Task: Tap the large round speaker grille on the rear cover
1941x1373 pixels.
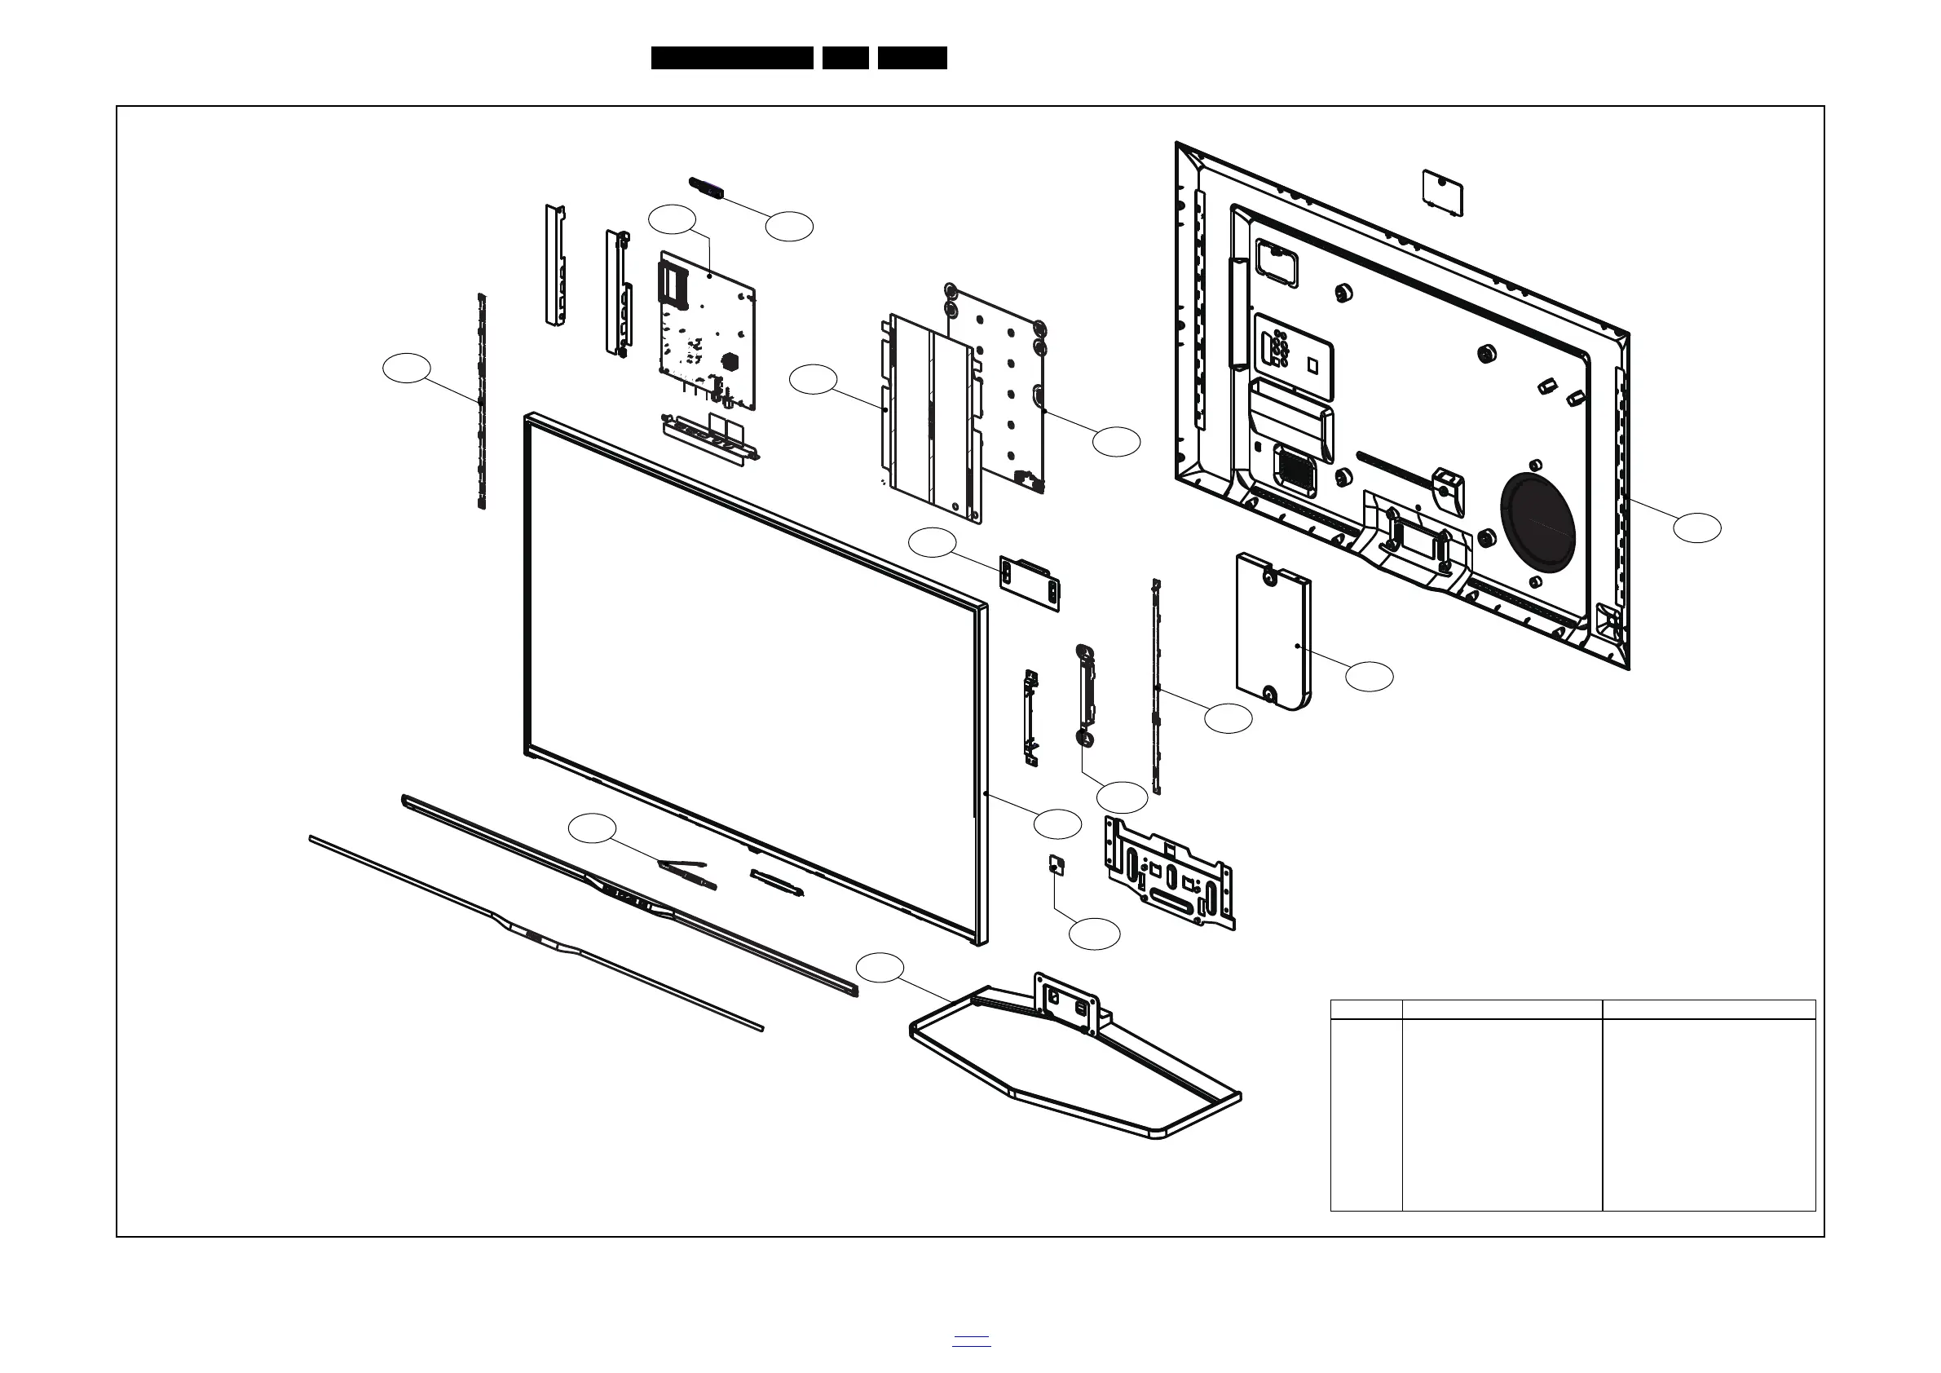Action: click(1537, 521)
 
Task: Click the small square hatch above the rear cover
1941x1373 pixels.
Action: click(1442, 192)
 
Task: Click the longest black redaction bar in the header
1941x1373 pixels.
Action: click(731, 58)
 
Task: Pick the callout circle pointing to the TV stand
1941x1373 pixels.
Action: click(880, 968)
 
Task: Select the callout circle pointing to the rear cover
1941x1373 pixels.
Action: click(1696, 527)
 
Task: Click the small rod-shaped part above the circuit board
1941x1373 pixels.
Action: click(708, 188)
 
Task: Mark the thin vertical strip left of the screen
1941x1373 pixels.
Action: click(482, 402)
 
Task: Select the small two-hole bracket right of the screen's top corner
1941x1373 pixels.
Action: click(1029, 582)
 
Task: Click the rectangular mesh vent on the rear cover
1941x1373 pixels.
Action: click(1296, 470)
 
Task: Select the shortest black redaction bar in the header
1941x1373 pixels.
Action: click(845, 58)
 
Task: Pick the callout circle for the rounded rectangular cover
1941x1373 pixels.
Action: click(1369, 677)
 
